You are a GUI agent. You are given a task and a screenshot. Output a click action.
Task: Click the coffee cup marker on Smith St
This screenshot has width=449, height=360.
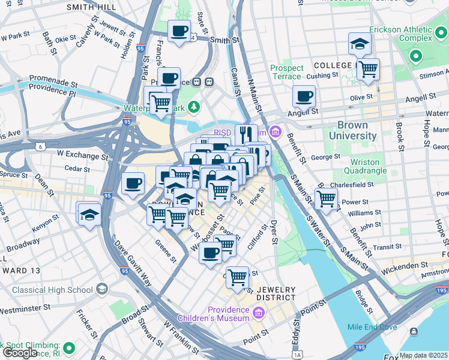179,31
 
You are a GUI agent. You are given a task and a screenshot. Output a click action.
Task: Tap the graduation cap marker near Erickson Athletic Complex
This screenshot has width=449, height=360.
360,44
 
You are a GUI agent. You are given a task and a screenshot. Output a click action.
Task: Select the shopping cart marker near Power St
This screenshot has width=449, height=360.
326,198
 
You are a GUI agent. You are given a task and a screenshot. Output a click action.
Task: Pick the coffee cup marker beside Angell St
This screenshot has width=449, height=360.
304,96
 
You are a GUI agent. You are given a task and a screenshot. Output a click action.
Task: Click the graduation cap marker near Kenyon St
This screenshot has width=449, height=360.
89,214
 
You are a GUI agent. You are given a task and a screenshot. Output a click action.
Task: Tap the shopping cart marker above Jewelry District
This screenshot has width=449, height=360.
238,277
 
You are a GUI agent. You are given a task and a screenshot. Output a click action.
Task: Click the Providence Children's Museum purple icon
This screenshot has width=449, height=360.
258,313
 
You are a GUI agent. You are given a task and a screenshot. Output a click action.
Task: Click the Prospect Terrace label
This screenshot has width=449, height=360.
286,72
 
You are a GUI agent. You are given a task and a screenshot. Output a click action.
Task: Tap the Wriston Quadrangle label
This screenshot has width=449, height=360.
364,166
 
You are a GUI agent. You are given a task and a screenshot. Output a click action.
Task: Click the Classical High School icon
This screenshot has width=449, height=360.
101,290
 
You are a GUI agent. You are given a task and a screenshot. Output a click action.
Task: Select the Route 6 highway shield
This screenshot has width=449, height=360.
39,146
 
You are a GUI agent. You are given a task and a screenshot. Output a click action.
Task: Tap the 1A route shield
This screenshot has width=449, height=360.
297,355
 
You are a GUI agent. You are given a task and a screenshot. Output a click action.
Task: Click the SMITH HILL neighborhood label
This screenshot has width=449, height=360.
91,7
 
